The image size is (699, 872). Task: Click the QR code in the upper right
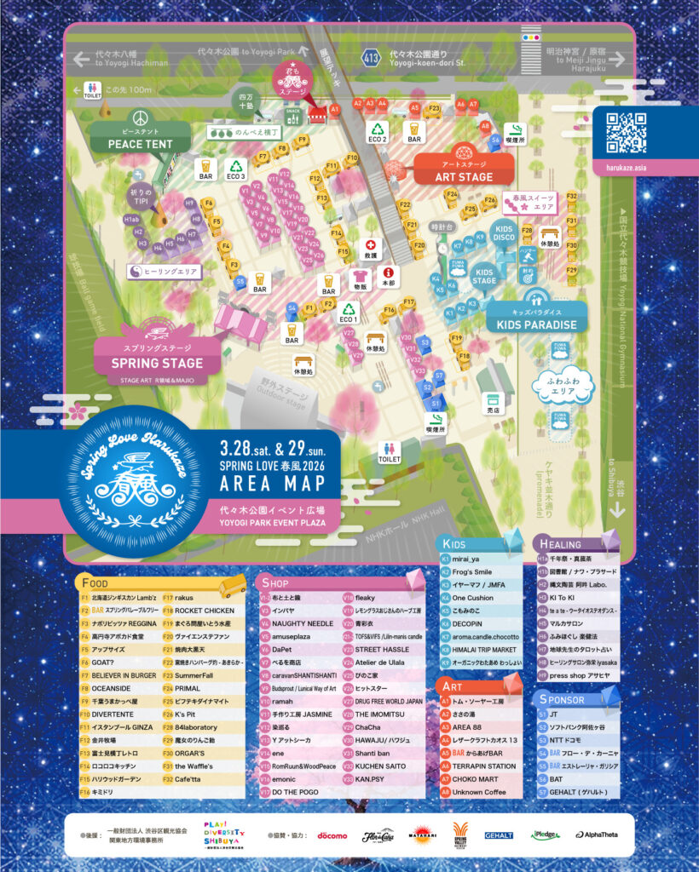[x=627, y=130]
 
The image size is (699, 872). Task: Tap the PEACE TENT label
[x=141, y=144]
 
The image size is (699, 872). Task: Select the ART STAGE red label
[x=464, y=176]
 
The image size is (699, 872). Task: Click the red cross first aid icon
[x=371, y=245]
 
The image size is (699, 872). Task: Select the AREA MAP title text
[x=272, y=483]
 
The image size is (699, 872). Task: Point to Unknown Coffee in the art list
[x=479, y=792]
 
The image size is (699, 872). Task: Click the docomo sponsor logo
[x=332, y=835]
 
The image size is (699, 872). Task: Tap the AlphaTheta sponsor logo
[x=598, y=835]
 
